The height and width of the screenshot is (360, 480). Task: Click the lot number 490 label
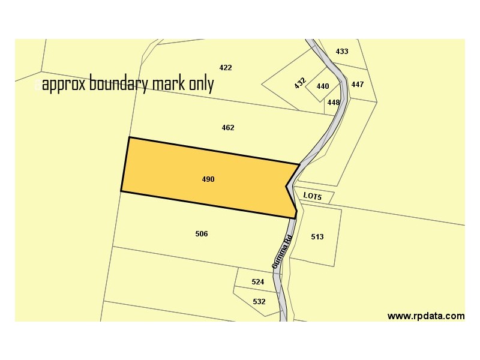coord(208,179)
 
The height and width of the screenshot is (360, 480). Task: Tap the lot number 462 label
coord(228,128)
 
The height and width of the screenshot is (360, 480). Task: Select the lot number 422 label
coord(226,68)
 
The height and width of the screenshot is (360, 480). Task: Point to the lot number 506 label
coord(202,234)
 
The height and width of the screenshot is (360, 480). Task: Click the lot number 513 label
coord(317,237)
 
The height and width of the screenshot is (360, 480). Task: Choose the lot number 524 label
coord(258,282)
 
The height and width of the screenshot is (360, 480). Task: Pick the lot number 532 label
coord(259,302)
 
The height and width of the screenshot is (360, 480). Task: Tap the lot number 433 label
coord(342,52)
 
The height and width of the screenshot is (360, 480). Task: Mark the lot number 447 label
coord(358,85)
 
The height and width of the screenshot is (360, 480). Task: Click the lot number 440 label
coord(323,86)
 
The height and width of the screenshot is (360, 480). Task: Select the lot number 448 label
coord(334,103)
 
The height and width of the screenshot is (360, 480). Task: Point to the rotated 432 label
coord(300,83)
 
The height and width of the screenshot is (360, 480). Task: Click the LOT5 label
coord(313,196)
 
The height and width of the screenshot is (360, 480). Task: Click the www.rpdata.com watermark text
coord(426,316)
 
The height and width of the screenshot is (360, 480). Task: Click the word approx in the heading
coord(64,85)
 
